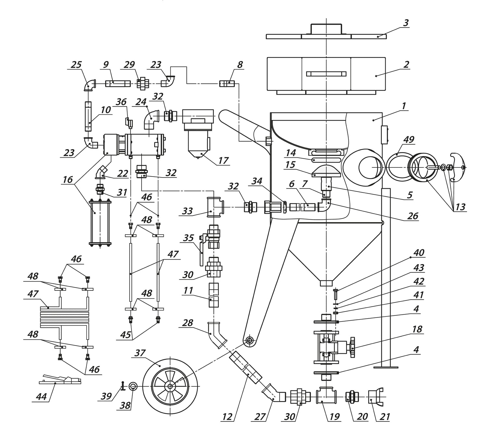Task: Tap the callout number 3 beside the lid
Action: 406,23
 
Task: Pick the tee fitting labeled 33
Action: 215,207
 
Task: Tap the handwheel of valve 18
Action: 352,347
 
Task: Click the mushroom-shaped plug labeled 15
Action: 327,171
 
